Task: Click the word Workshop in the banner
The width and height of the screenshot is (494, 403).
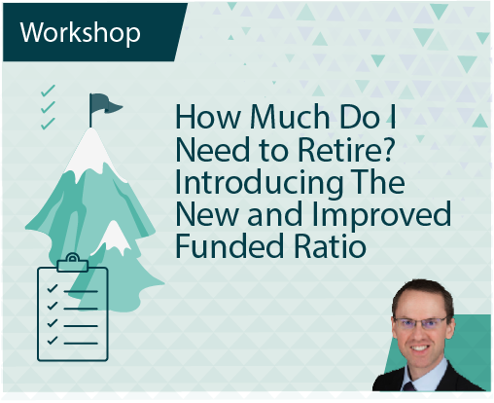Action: click(80, 33)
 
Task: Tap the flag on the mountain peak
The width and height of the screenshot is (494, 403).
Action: click(104, 105)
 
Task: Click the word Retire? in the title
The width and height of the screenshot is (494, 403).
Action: click(345, 150)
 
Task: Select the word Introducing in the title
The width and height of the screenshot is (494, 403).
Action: click(259, 183)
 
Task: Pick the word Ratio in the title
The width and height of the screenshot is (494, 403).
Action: click(331, 245)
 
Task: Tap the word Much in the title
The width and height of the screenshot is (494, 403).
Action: click(290, 117)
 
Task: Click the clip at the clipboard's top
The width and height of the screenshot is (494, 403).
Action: click(73, 263)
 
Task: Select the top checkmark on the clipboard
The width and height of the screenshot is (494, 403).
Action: click(53, 288)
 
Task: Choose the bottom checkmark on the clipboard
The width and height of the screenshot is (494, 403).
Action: click(53, 340)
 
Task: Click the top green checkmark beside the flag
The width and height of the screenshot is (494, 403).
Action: click(48, 91)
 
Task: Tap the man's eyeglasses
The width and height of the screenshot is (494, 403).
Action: click(421, 323)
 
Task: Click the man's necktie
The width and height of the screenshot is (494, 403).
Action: click(409, 385)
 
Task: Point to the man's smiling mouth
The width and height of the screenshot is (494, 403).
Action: click(420, 348)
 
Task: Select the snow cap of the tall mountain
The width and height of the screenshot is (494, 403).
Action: click(91, 153)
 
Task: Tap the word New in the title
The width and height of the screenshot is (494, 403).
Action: click(207, 214)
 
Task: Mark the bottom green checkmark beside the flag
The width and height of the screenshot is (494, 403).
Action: click(48, 124)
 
